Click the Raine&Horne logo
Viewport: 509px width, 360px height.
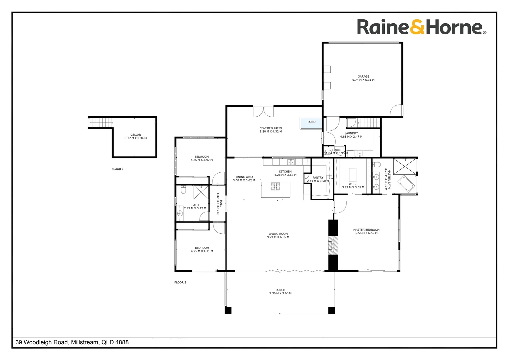click(x=421, y=27)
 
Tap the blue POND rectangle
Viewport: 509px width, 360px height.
click(x=311, y=122)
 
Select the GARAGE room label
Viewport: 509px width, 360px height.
click(x=363, y=77)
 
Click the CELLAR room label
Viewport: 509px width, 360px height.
click(x=136, y=135)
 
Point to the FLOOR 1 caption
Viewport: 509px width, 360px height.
click(x=118, y=169)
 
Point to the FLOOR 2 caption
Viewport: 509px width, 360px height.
click(x=180, y=283)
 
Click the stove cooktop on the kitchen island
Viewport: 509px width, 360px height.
click(x=275, y=186)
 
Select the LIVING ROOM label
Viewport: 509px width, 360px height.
click(x=278, y=234)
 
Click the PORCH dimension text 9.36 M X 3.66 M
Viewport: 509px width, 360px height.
click(x=280, y=293)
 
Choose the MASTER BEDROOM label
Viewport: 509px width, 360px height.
click(x=366, y=230)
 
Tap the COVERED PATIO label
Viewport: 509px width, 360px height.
click(x=270, y=128)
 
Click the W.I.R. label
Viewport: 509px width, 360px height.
click(x=353, y=184)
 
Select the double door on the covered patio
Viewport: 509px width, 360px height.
click(x=263, y=112)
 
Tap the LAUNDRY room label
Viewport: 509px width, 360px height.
click(x=351, y=133)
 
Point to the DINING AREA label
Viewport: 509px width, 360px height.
click(x=244, y=177)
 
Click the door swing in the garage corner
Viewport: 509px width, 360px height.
click(x=397, y=111)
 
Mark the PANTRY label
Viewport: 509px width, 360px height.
click(x=318, y=178)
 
